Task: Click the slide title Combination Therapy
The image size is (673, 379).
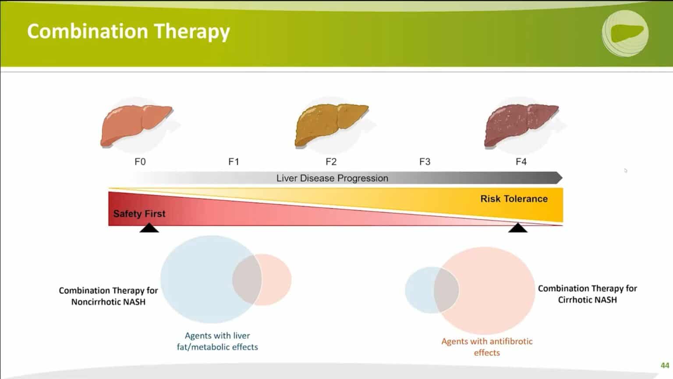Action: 128,32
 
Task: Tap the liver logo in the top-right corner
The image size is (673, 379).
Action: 625,33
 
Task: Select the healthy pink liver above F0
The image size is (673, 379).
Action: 135,125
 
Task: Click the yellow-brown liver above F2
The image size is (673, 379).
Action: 331,125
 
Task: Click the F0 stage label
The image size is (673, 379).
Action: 140,162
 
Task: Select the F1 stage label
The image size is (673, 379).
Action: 234,162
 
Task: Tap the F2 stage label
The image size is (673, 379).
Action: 331,162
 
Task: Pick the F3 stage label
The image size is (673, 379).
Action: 425,162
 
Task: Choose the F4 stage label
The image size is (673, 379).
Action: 521,162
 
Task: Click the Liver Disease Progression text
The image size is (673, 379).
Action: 332,178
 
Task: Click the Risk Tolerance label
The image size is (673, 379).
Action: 514,199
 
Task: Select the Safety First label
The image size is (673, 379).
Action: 139,214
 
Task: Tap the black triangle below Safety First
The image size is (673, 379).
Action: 149,228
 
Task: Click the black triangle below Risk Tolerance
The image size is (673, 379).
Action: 518,228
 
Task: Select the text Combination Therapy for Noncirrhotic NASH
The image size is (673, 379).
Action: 108,296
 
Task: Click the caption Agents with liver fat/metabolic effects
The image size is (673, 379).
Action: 217,341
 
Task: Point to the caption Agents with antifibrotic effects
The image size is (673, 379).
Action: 487,347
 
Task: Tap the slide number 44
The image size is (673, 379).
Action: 665,365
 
